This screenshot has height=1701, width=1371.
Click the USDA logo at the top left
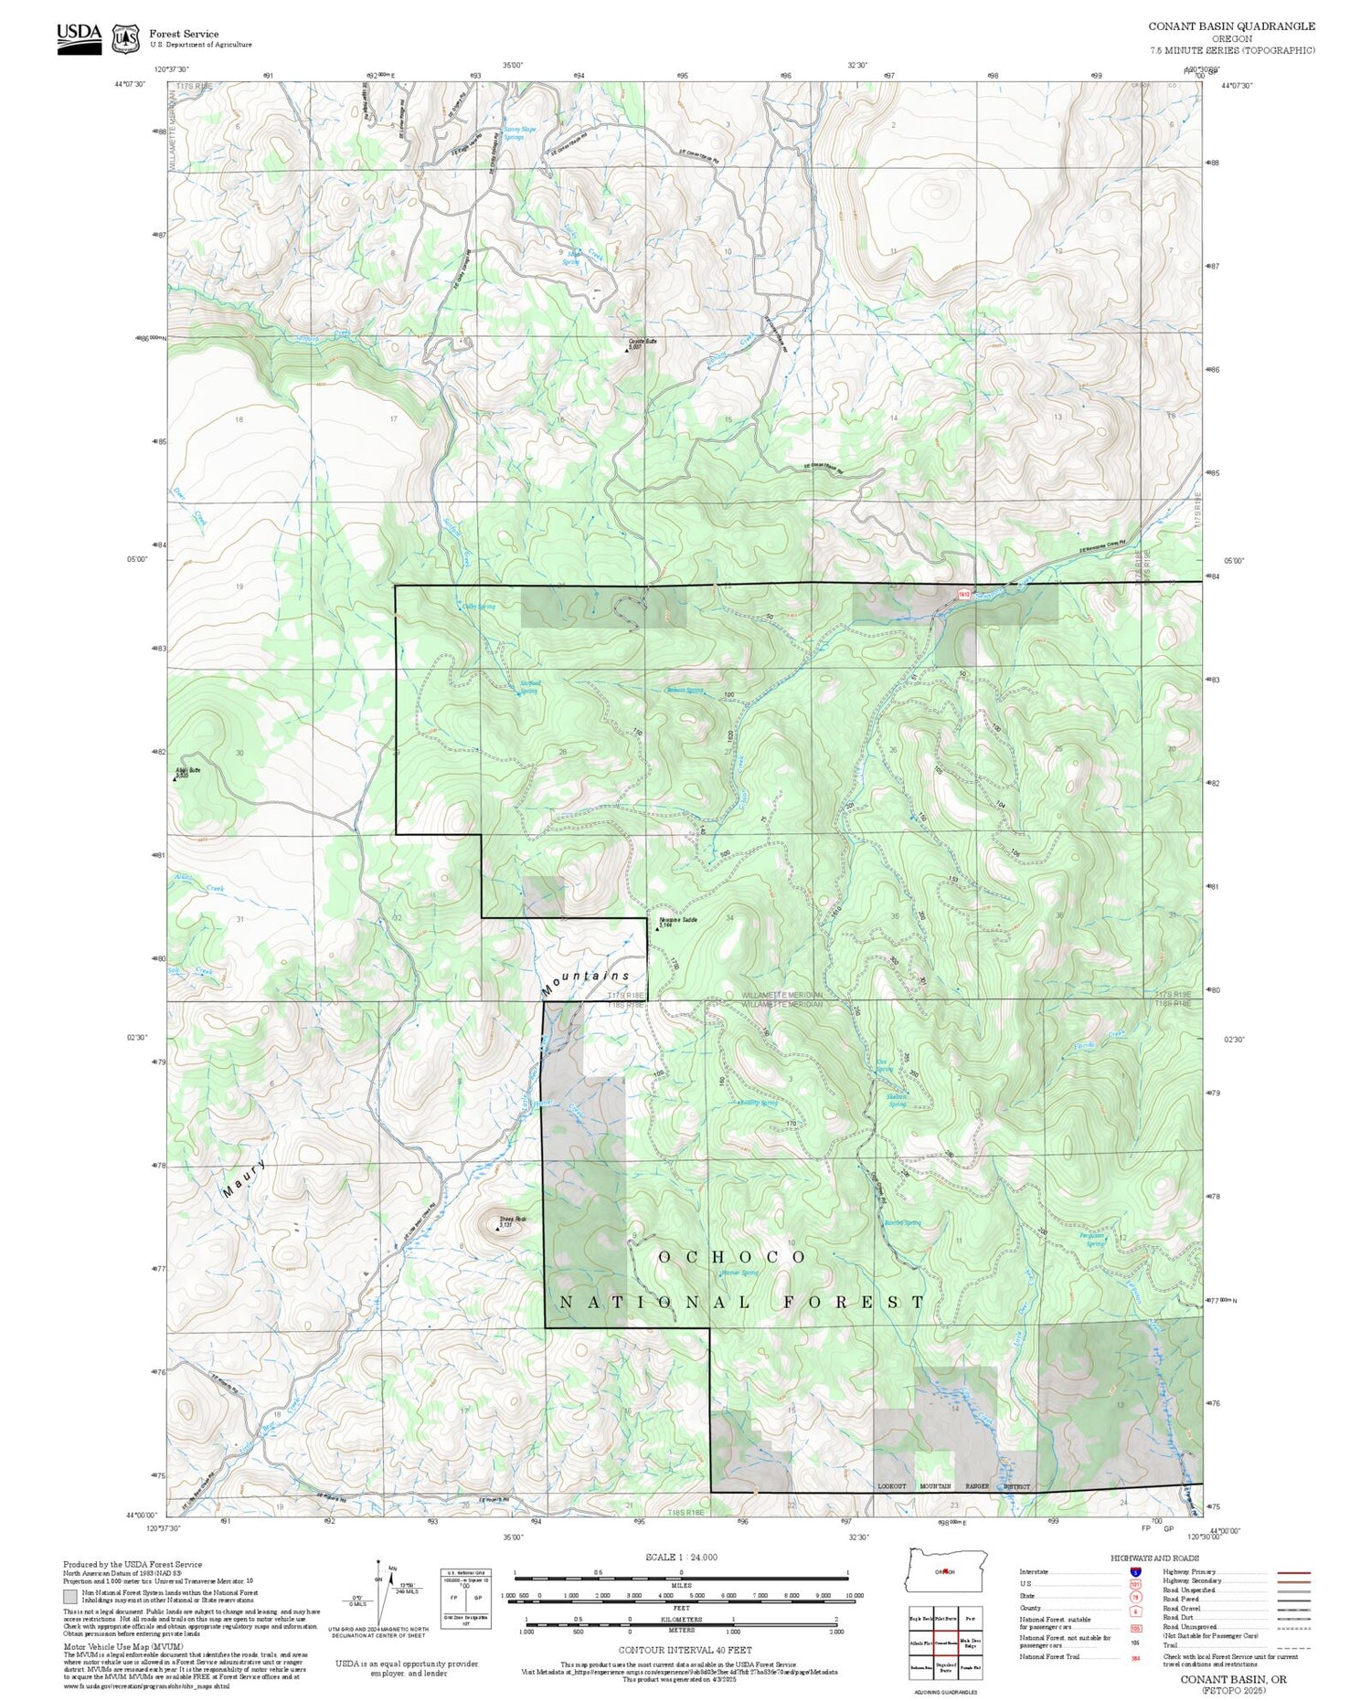(x=79, y=37)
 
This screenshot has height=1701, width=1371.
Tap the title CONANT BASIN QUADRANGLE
(x=1231, y=26)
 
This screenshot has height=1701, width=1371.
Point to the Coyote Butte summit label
(x=643, y=343)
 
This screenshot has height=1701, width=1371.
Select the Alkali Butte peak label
(x=187, y=772)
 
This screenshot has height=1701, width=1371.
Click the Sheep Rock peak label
(x=510, y=1221)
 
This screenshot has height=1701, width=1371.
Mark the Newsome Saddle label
(x=677, y=921)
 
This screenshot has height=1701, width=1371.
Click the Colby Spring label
(x=478, y=607)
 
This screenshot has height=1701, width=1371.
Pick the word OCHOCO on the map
(x=732, y=1258)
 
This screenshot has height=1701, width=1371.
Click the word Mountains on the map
(x=585, y=982)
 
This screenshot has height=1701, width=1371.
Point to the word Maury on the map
(x=245, y=1178)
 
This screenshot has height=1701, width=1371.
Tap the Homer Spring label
(x=739, y=1273)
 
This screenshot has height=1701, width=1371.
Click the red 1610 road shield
(x=963, y=594)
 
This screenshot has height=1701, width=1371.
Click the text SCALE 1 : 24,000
(x=681, y=1558)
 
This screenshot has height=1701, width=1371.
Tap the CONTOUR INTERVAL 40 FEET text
(x=685, y=1650)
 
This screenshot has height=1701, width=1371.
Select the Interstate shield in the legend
(x=1135, y=1572)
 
